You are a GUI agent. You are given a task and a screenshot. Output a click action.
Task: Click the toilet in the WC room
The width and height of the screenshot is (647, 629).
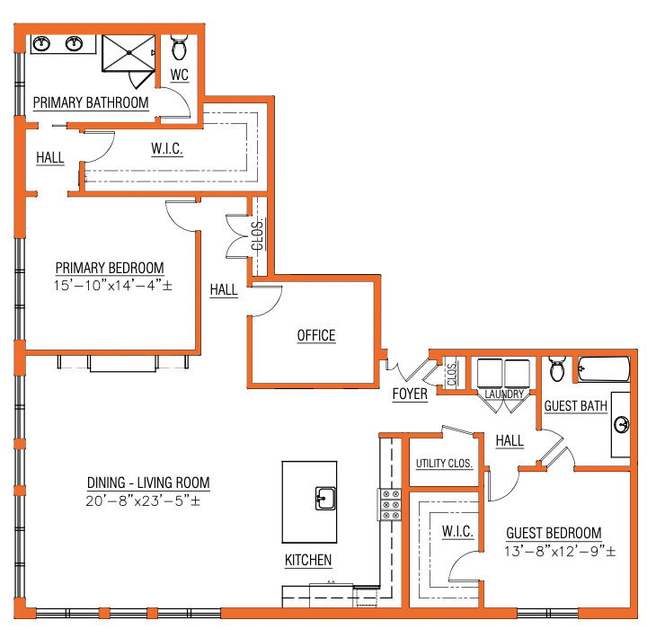coord(179,48)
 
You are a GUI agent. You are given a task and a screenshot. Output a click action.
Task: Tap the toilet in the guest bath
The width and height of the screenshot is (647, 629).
coord(557,369)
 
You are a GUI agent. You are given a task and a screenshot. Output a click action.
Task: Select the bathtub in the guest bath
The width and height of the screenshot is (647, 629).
coord(604,369)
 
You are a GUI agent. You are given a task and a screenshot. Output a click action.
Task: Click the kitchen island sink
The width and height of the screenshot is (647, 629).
coord(325,498)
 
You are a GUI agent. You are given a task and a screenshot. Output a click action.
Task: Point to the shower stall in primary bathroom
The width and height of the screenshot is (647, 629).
coord(129,53)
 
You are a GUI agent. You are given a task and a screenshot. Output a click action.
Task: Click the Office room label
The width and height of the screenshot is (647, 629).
coord(316,335)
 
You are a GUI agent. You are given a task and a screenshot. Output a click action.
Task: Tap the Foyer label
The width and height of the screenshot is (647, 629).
coord(410,394)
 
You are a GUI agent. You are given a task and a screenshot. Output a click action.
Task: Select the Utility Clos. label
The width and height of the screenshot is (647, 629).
coord(444,464)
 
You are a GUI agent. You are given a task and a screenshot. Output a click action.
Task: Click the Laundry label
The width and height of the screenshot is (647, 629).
coord(504,394)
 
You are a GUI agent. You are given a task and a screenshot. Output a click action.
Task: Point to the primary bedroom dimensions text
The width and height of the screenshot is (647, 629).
coord(112,285)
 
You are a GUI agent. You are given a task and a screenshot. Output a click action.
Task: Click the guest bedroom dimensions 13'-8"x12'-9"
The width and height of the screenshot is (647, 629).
coord(560,551)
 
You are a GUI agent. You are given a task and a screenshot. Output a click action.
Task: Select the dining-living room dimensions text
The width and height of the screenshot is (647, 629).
coord(143,501)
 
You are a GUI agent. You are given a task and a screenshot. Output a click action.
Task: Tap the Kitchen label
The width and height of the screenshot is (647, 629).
coord(308,560)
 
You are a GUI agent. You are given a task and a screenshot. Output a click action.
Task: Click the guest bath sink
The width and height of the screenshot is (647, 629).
coord(622,424)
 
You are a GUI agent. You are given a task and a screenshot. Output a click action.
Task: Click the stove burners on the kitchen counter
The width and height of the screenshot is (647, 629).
coord(390,504)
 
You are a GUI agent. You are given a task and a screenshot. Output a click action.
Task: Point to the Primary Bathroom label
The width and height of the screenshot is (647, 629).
coord(91,102)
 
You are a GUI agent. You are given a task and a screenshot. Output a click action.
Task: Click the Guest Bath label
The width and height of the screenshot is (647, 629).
coord(576,406)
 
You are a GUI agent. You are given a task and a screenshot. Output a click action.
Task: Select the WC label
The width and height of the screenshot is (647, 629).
coord(180,75)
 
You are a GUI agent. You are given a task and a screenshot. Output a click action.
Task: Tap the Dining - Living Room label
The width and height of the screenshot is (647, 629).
coord(148,483)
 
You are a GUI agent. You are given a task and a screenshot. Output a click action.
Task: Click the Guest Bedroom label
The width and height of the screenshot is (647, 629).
coord(554,533)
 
